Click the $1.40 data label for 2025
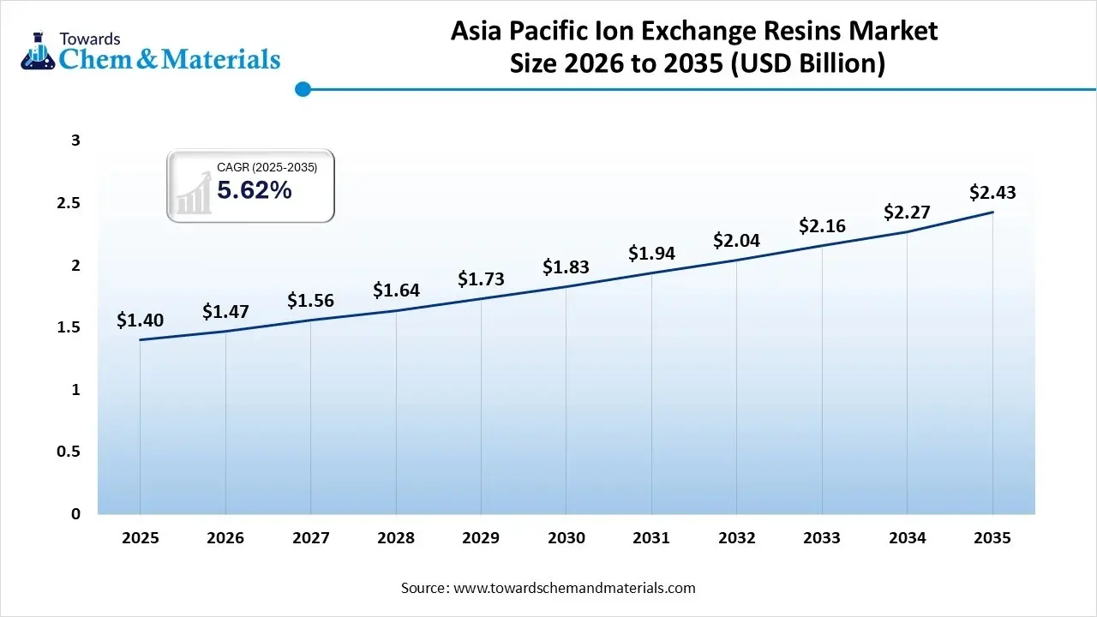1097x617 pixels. [140, 320]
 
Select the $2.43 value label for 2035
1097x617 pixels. [992, 193]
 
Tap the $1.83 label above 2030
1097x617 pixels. [566, 267]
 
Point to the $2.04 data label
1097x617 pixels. [736, 241]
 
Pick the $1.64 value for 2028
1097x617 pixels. [396, 291]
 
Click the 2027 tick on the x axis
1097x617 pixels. [310, 538]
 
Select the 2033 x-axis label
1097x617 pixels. [822, 538]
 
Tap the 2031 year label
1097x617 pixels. [651, 538]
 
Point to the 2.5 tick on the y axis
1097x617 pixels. [69, 203]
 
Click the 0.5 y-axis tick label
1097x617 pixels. [69, 452]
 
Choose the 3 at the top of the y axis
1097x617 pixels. [75, 141]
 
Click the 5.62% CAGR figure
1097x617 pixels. [255, 191]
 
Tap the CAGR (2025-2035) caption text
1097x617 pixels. [267, 168]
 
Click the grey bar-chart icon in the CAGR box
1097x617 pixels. [194, 193]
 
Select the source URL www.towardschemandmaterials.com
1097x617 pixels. [573, 588]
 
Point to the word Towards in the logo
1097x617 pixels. [89, 39]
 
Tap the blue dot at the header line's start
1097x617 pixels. [302, 89]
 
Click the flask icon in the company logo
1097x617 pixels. [37, 51]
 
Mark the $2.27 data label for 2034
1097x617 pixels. [907, 212]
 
